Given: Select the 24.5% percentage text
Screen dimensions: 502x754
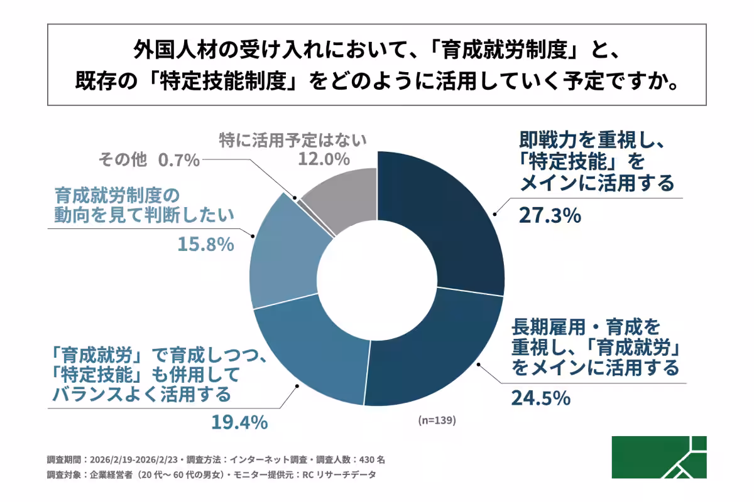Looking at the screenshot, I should tap(540, 398).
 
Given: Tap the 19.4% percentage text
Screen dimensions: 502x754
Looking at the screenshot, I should tap(238, 422).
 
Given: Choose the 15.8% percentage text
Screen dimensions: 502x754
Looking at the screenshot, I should tap(204, 243).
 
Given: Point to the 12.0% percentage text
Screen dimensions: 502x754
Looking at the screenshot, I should tap(323, 159).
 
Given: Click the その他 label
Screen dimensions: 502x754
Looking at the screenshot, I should tap(123, 161).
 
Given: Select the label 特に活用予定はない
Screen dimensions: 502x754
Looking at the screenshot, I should tap(292, 139).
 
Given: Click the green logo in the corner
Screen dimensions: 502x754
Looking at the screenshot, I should tap(659, 457).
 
